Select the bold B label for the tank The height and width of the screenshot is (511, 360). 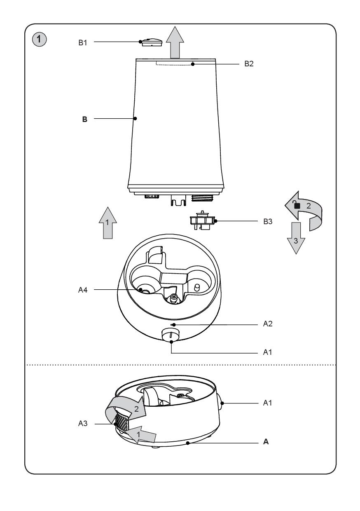tap(84, 119)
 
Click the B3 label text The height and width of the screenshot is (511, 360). tap(268, 221)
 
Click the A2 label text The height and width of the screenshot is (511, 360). tap(268, 325)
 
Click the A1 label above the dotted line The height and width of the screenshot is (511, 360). tap(268, 353)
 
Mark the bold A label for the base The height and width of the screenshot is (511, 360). tap(266, 443)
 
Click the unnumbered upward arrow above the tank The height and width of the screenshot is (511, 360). tap(175, 42)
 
